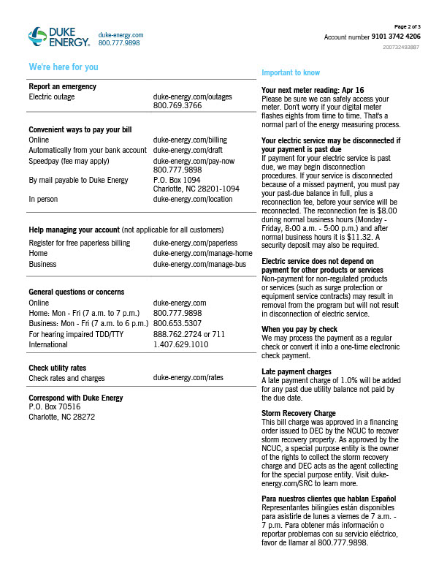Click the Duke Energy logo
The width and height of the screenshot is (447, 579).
coord(58,37)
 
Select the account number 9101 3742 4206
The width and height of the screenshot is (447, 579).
coord(395,36)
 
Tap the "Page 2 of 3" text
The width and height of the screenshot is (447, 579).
coord(408,26)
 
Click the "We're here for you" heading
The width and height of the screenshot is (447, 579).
coord(63,67)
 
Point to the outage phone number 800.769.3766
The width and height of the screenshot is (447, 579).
coord(177,105)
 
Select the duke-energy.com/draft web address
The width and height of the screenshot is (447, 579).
coord(187,149)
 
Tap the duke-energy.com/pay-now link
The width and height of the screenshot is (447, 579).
coord(194,160)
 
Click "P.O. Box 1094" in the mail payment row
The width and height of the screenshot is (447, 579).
coord(177,179)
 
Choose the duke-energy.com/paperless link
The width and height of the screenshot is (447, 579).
coord(195,243)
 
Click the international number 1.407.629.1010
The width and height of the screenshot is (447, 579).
coord(180,344)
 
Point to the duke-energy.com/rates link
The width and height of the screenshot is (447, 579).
coord(188,378)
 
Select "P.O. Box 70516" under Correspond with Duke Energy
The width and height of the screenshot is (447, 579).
coord(54,407)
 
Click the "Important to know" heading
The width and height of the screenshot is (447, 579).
coord(291,72)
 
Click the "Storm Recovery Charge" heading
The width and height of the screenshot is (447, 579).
coord(299,413)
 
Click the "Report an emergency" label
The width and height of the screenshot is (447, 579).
coord(62,87)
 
